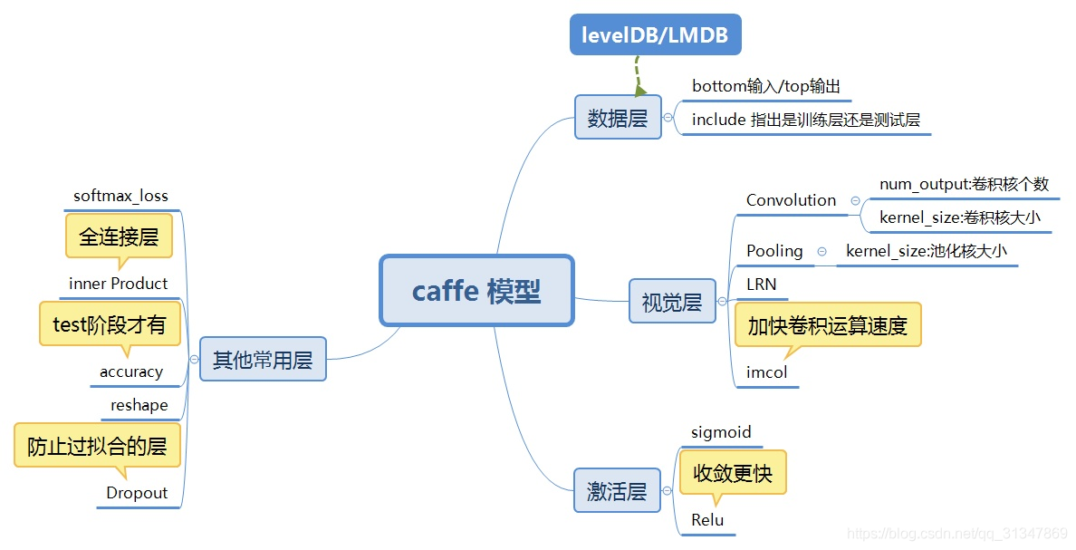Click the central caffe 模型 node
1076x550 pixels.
[x=476, y=291]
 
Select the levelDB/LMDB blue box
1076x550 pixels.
[x=655, y=35]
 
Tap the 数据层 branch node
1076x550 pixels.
[x=618, y=118]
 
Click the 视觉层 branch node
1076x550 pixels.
[x=671, y=302]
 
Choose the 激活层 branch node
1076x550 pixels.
[x=617, y=490]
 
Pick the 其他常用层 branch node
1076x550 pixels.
[x=262, y=360]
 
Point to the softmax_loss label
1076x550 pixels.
[x=120, y=196]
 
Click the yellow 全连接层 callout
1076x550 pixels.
[x=119, y=236]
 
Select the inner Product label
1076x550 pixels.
[x=118, y=284]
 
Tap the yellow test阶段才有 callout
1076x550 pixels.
[x=110, y=323]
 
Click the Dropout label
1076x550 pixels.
[x=137, y=493]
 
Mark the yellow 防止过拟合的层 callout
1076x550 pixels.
[x=97, y=446]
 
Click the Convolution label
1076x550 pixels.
[x=791, y=200]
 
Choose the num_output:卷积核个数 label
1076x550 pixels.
[x=964, y=184]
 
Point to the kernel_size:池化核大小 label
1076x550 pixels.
[x=926, y=251]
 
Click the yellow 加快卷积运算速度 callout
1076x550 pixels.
[x=827, y=325]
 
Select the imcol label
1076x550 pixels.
[x=766, y=372]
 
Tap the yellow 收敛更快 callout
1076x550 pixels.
[x=732, y=472]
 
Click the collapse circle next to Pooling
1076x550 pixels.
[x=821, y=252]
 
